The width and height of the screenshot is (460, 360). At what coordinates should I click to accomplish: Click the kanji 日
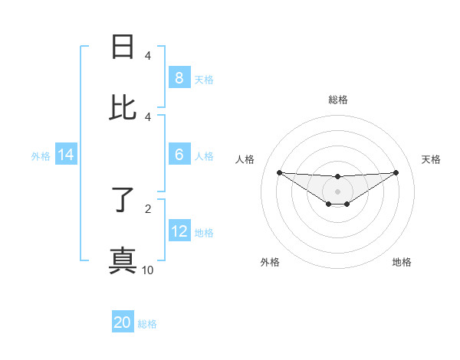click(x=123, y=47)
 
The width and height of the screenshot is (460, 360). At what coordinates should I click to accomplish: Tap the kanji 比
click(x=123, y=108)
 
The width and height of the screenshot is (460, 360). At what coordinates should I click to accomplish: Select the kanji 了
click(x=123, y=200)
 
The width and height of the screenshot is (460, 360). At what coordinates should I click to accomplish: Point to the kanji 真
click(x=123, y=261)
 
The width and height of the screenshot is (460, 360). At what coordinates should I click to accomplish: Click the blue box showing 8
click(x=179, y=77)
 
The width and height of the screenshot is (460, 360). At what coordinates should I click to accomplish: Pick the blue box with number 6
click(x=179, y=155)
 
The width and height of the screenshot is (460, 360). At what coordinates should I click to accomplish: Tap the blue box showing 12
click(x=179, y=231)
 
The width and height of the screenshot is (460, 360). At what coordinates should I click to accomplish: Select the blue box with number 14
click(x=66, y=155)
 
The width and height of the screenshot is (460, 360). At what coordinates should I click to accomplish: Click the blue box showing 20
click(x=123, y=322)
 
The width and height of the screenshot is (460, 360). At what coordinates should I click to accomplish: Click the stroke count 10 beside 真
click(x=148, y=270)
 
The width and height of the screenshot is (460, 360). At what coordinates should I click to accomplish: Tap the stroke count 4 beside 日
click(x=148, y=56)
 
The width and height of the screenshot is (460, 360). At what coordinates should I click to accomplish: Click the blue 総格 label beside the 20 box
click(x=147, y=324)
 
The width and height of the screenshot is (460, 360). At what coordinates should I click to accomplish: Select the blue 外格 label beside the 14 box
click(x=41, y=155)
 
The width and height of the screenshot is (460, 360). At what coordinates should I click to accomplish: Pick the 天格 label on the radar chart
click(x=431, y=159)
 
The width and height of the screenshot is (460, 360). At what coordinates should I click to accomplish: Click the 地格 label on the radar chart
click(x=402, y=263)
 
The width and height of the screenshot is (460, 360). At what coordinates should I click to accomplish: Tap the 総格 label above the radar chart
click(x=337, y=100)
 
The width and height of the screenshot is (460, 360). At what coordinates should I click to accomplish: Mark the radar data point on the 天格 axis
click(x=396, y=172)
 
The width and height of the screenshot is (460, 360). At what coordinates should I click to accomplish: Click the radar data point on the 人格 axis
click(x=279, y=172)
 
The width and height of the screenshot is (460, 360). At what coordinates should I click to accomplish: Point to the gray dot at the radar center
click(x=337, y=191)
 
